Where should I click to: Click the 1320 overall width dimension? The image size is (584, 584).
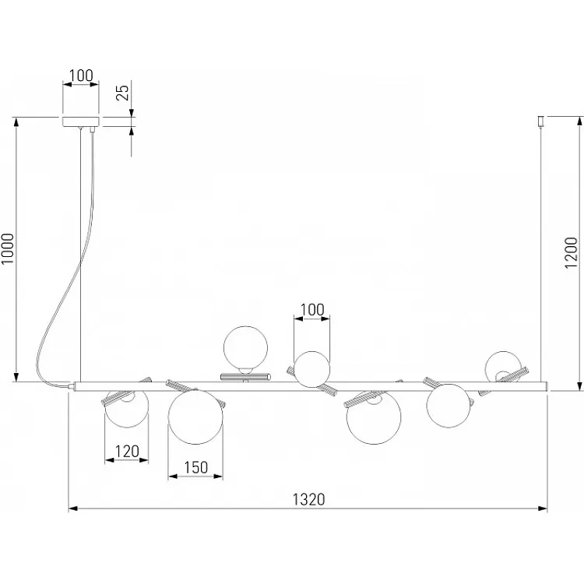coord(308,499)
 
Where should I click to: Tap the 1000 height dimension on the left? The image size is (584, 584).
coord(8,249)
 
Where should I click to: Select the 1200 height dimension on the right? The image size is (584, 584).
coord(571,252)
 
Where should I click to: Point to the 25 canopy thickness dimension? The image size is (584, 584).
coord(122,93)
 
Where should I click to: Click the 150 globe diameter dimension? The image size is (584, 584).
coord(196,467)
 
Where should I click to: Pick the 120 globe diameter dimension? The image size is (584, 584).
coord(127,452)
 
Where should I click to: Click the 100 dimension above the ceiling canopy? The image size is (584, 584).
coord(81,76)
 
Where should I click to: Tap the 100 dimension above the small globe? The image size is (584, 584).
coord(312,309)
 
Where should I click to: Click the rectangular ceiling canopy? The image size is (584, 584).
coord(81,121)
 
